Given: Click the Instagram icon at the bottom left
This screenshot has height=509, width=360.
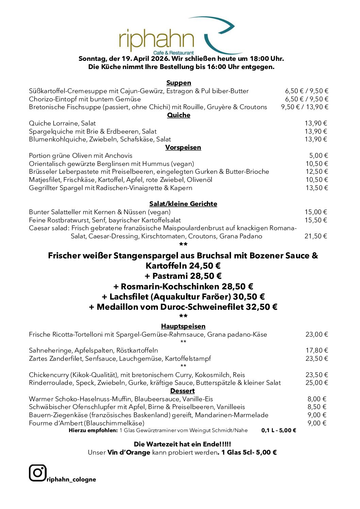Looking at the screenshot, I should (37, 473).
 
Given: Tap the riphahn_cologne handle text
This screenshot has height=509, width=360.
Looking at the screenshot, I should (71, 479).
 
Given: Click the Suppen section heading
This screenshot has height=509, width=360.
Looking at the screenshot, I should (179, 83).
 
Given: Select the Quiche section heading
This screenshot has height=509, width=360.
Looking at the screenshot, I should (179, 115).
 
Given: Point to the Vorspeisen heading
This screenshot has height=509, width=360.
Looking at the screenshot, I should (183, 147).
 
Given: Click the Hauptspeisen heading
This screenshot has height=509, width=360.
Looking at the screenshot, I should (183, 326).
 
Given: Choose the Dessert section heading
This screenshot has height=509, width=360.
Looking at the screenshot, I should (182, 391).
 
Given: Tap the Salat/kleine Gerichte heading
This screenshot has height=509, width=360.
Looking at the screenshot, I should (183, 204).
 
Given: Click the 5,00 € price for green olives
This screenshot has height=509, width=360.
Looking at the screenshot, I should (318, 155).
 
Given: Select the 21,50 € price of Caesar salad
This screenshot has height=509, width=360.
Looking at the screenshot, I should (316, 236).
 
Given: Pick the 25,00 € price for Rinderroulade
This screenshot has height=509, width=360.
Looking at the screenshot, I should (316, 383).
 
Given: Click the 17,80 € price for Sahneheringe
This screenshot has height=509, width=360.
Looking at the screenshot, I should (316, 350).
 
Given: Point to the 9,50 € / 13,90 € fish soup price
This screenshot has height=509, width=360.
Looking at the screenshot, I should (305, 107).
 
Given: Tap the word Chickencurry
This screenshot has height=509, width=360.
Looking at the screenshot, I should (49, 375).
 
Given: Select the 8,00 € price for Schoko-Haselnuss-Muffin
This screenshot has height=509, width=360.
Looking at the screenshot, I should (317, 399).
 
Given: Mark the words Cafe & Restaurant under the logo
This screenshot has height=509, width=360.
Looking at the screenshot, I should (174, 53).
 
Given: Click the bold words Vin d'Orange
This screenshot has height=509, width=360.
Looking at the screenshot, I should (129, 452).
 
